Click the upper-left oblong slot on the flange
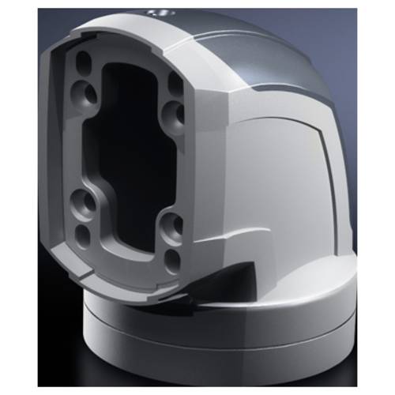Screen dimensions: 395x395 pos(82,62)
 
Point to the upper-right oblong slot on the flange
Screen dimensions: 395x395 pos(175,81)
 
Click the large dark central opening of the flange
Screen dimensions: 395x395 pos(130,158)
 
